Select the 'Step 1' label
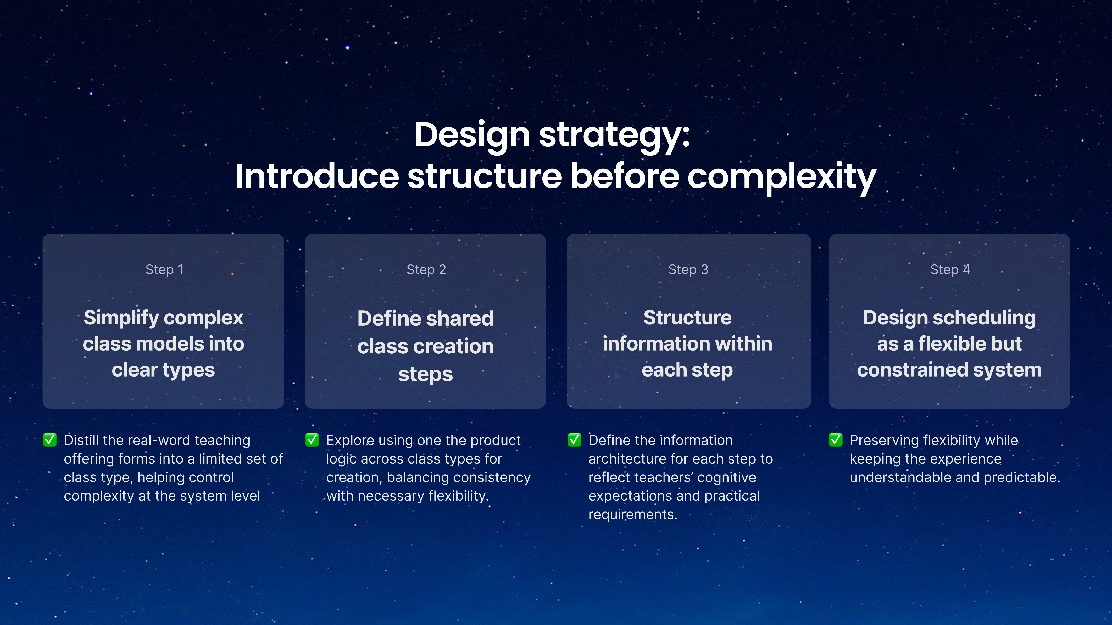164,270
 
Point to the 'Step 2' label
426,270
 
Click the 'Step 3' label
688,270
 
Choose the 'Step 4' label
950,270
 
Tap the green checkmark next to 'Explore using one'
312,440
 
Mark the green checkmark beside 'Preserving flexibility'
836,440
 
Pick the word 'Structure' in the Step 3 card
688,318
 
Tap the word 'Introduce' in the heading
317,177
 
